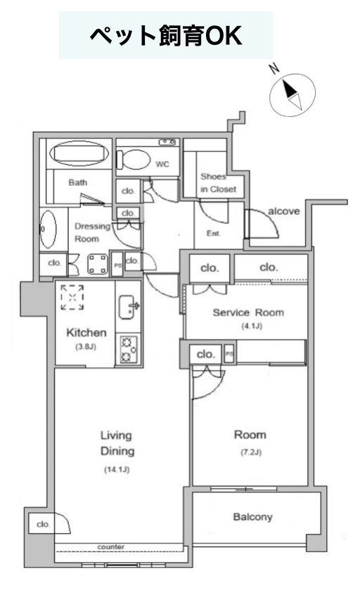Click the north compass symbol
click(292, 94)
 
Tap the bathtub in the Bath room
click(79, 153)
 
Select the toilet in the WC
click(133, 160)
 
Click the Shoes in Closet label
click(218, 183)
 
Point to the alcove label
click(283, 211)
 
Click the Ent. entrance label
click(213, 234)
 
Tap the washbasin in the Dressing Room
click(48, 229)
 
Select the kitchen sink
click(128, 307)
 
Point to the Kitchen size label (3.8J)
click(86, 346)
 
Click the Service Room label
click(248, 312)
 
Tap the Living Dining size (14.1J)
click(117, 469)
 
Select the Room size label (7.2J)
click(251, 452)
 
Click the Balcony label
click(252, 516)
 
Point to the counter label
click(110, 547)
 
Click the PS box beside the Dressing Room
click(117, 265)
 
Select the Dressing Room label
click(92, 232)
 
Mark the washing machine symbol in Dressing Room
click(98, 265)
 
